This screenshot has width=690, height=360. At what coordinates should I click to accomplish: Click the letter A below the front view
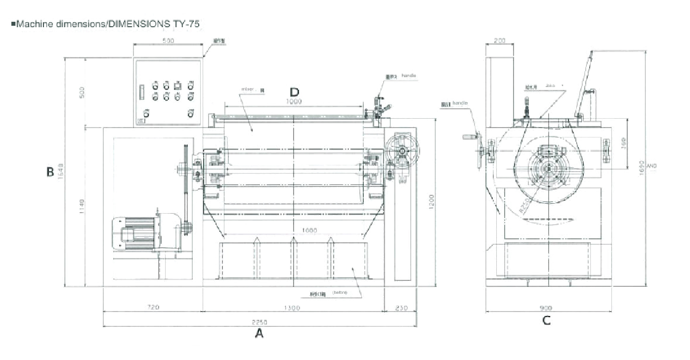point(259,334)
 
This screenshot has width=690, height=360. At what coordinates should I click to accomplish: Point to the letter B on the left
point(50,172)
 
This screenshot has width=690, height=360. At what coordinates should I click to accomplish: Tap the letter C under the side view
point(546,320)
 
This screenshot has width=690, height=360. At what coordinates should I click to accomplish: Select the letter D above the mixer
point(295,92)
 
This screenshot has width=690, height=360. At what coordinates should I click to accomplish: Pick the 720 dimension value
point(153,308)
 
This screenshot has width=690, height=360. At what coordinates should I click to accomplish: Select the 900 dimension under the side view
point(546,308)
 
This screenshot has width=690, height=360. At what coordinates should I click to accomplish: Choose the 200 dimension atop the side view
point(499,41)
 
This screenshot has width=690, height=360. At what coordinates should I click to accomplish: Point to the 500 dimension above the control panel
point(168,41)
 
